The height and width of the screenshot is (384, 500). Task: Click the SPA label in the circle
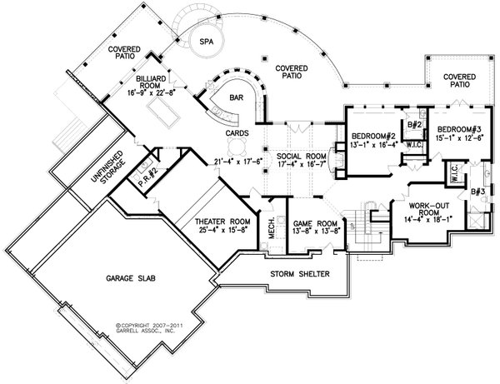click(202, 40)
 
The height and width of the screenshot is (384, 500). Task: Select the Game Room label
click(315, 223)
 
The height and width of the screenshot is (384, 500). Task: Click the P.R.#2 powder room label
click(137, 174)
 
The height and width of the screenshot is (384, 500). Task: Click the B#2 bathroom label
click(411, 126)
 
